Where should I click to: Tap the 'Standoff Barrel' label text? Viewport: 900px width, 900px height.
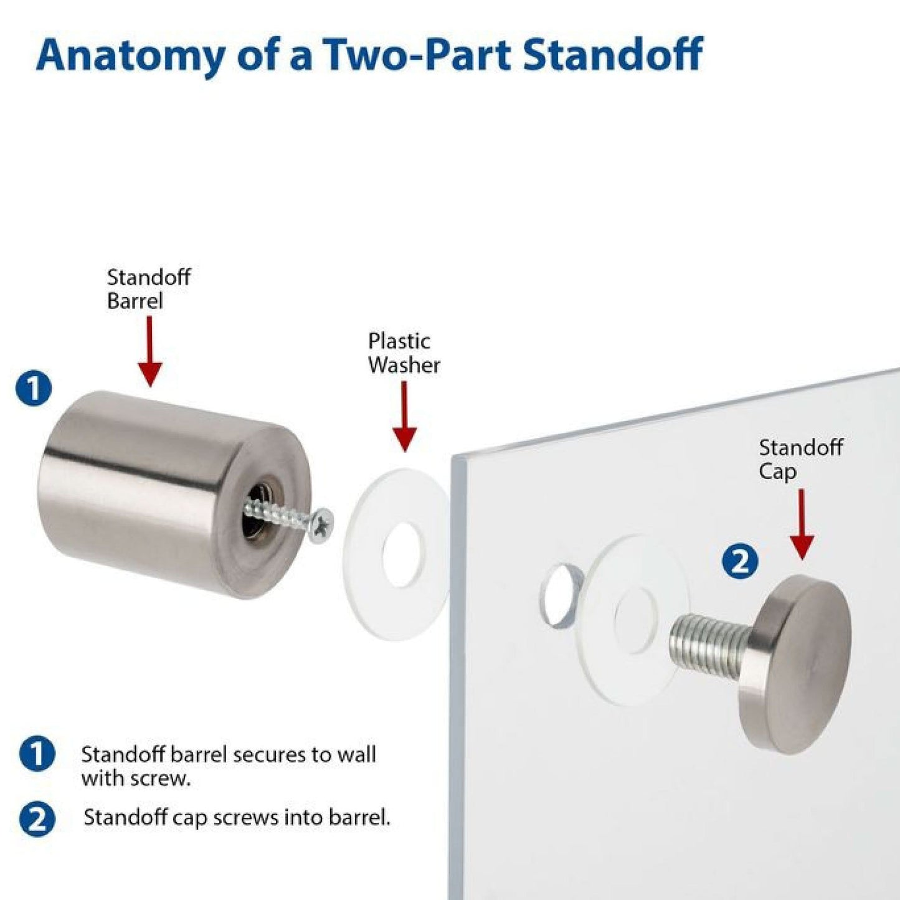148,289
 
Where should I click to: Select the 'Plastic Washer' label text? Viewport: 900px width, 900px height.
404,353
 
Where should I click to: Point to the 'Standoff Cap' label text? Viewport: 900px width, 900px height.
800,459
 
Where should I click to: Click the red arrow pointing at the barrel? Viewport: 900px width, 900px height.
149,351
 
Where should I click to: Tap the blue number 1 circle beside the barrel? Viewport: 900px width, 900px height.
34,388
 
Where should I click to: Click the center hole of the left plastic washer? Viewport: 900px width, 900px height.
404,553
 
